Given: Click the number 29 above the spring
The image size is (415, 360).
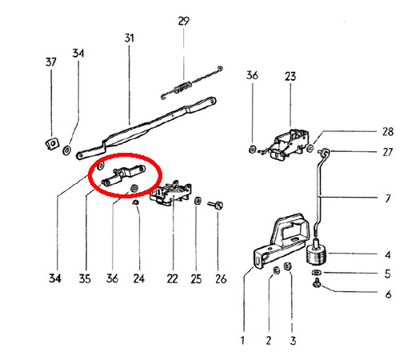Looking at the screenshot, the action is pos(184,21).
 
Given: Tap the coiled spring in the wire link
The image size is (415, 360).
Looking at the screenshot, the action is pos(183,87).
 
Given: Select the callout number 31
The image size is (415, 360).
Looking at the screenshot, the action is pos(130,38).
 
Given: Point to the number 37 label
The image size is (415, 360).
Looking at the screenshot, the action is pos(51,62).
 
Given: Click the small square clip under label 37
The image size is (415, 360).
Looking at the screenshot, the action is pos(51,143).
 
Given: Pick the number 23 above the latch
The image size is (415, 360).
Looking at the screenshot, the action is pos(290,77).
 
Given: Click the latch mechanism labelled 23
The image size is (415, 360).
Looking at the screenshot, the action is pos(289,145).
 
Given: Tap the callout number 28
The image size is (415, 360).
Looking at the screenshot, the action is pos(388,131).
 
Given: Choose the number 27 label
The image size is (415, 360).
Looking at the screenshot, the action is pos(388,152).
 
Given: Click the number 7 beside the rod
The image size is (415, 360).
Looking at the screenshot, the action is pos(388,198).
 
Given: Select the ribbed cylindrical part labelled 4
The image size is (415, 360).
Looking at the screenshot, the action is pos(316,253).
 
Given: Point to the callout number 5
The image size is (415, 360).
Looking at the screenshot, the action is pos(388,274).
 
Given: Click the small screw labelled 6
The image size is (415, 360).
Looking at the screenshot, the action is pos(317,282).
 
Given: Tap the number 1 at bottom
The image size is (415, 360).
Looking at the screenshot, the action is pos(242,341).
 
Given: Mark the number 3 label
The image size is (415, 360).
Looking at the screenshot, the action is pos(293,341).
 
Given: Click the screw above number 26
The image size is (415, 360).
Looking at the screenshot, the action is pos(216,205).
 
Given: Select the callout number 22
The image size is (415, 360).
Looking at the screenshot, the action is pos(172,278).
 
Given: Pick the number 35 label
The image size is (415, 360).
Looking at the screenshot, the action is pos(85,278).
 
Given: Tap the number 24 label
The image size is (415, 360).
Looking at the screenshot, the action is pos(139,278).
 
